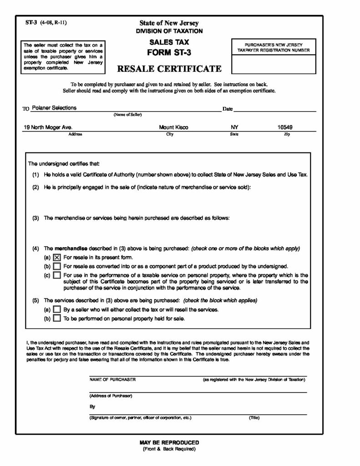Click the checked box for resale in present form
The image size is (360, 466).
pos(57,257)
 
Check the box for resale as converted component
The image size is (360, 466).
pos(57,266)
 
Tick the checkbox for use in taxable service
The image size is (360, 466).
pos(57,275)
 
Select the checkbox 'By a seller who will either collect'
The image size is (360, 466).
pos(57,309)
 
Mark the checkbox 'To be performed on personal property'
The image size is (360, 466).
pos(57,319)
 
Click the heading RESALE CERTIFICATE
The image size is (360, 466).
pos(169,69)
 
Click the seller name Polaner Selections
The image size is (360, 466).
pos(54,108)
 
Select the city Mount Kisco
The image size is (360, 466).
pos(173,128)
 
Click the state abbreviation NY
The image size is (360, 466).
pos(234,128)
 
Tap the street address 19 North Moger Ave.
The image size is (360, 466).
pos(48,128)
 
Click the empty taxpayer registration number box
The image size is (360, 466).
pos(274,64)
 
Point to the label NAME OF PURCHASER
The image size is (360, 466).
pos(113,379)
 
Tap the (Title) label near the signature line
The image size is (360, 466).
pos(254,417)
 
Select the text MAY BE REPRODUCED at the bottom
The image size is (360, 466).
pos(169,442)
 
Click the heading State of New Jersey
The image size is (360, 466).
pos(169,23)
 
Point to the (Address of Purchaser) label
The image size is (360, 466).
pos(111,396)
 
